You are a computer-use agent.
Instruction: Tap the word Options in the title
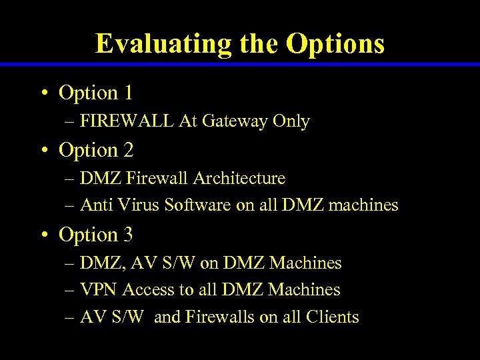[335, 44]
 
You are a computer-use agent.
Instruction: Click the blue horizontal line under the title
[240, 65]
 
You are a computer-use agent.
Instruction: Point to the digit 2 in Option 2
[128, 151]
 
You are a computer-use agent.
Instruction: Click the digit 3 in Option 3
[128, 235]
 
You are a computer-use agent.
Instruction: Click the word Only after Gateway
[291, 121]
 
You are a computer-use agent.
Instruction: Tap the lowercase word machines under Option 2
[364, 205]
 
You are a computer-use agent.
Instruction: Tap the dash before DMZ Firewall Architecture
[70, 179]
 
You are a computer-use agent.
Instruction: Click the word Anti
[94, 205]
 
